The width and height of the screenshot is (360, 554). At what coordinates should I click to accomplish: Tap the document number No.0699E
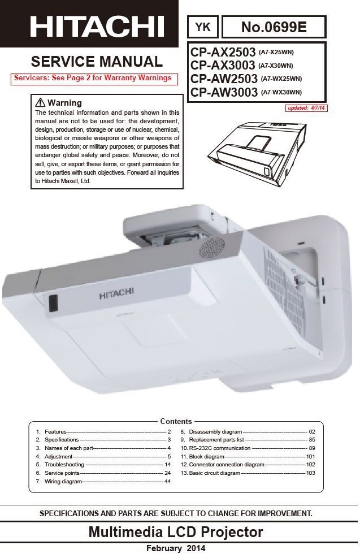(x=274, y=27)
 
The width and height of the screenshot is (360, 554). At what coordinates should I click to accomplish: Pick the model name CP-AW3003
(x=224, y=92)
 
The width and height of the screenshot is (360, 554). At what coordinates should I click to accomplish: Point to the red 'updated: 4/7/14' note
(x=306, y=108)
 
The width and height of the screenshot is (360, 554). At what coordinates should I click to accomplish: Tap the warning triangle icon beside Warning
(x=40, y=103)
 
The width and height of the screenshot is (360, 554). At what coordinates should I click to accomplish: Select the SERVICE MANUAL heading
(x=97, y=62)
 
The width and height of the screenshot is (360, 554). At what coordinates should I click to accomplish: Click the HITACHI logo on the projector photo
(x=116, y=295)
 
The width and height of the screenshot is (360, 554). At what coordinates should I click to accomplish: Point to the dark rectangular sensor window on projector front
(x=53, y=303)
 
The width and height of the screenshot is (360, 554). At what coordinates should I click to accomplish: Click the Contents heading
(x=176, y=421)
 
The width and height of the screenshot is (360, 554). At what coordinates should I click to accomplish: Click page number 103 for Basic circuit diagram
(x=310, y=473)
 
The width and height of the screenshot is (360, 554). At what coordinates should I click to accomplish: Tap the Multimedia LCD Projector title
(x=176, y=532)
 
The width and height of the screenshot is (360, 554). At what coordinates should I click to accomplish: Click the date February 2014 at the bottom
(x=176, y=548)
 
